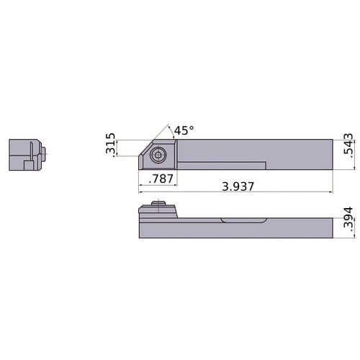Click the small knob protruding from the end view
[x=45, y=152]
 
